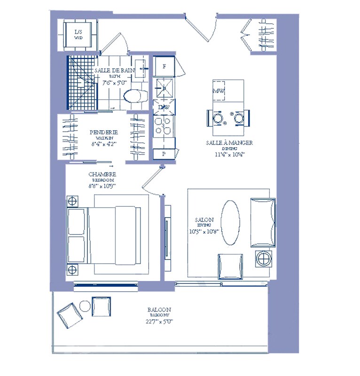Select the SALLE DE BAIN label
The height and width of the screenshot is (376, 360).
coord(114,70)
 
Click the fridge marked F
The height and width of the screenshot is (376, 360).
coord(164,66)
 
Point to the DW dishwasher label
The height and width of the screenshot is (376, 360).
coord(164,108)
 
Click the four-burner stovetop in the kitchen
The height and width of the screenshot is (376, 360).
coord(164,126)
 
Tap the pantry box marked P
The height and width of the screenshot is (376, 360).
coord(164,154)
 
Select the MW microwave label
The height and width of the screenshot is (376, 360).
coord(218,91)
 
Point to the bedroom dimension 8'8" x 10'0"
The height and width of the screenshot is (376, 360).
coord(102,186)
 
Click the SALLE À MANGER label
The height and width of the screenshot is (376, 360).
coord(230,142)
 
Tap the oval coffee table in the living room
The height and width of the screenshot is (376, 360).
coord(231,223)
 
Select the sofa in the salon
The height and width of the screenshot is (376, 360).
coord(262,222)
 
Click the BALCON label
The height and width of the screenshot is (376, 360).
coord(158,310)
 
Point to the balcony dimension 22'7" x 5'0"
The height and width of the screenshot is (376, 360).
coord(158,322)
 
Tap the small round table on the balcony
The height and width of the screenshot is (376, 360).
coord(85,306)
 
